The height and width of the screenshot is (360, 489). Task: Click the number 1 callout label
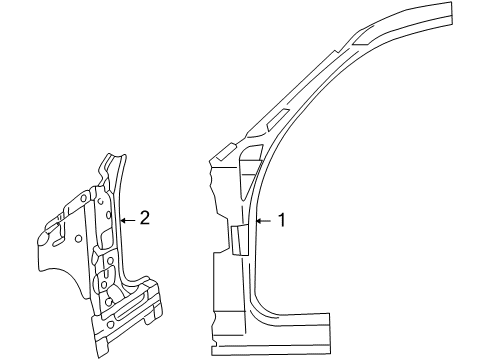click(x=281, y=220)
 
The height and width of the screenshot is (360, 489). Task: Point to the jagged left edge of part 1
click(x=211, y=185)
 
